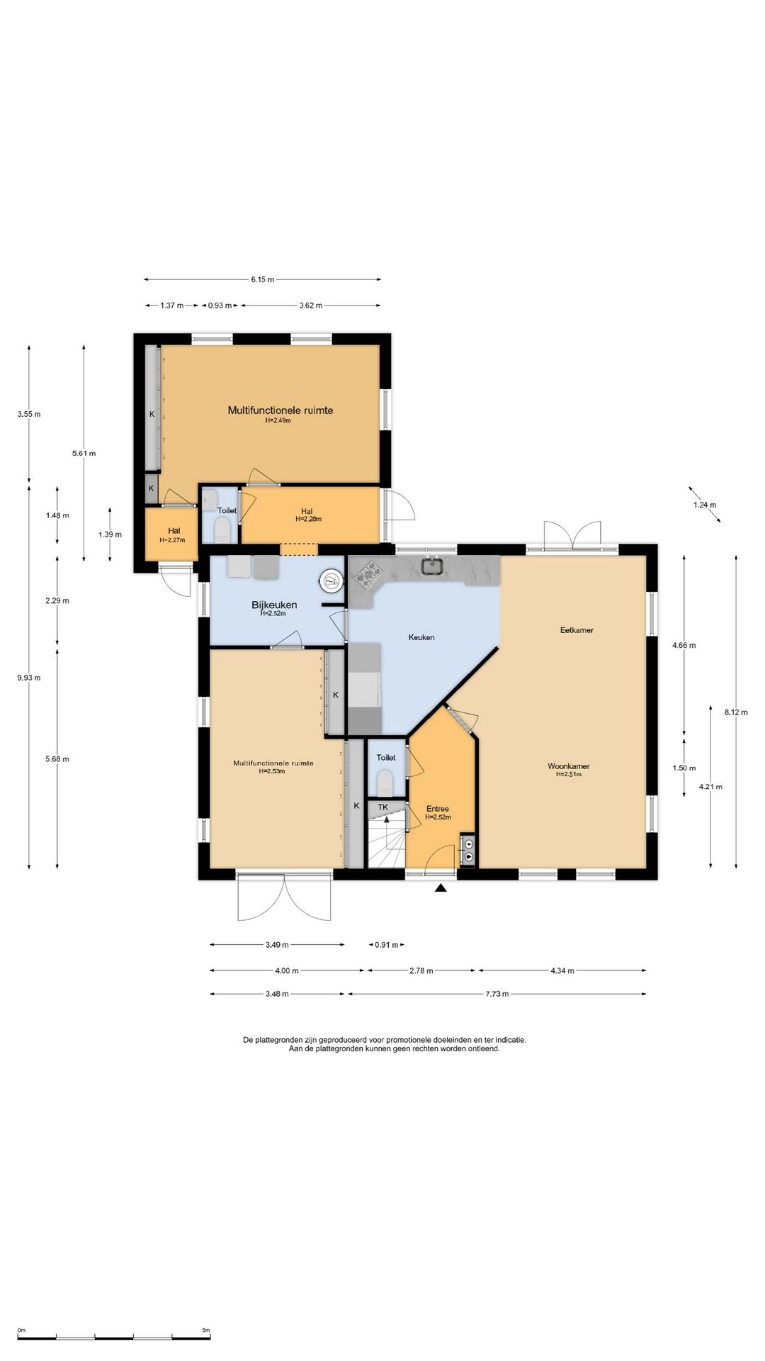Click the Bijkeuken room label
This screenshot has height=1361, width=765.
(x=274, y=605)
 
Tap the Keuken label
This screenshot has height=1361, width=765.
(x=421, y=637)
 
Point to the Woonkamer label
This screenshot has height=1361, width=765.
(x=569, y=766)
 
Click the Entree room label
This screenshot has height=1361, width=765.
(x=438, y=809)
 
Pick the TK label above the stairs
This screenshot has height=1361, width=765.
(x=383, y=807)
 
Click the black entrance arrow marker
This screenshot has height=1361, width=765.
(x=441, y=887)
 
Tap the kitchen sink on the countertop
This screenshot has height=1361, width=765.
(x=432, y=566)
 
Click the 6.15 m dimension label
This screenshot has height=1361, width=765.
(x=262, y=279)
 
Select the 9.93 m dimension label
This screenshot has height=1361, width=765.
(x=29, y=677)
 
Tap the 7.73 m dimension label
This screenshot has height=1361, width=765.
(x=497, y=994)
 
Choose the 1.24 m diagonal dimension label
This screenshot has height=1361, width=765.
(x=705, y=505)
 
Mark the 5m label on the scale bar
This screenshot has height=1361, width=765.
(x=205, y=1330)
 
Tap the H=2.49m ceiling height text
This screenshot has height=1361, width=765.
(x=278, y=420)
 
